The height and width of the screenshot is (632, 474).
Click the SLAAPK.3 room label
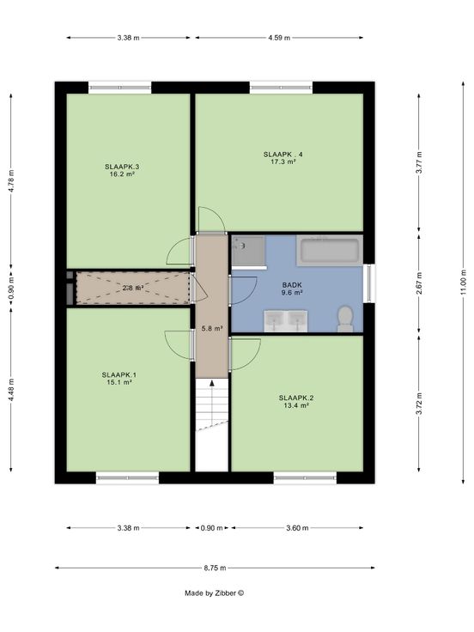[122, 167]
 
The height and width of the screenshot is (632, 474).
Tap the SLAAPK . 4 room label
[283, 155]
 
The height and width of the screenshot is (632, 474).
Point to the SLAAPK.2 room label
[296, 398]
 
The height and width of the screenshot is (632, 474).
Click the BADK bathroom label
[292, 285]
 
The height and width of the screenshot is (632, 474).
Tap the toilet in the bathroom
[345, 319]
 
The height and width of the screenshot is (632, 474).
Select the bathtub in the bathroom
[330, 250]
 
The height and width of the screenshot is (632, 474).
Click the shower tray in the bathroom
[249, 251]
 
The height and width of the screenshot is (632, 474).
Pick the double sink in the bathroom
[286, 321]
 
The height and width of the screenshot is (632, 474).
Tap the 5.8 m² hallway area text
[212, 329]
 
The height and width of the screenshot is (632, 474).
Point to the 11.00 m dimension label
[464, 281]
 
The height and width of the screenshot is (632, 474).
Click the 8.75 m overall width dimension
[215, 568]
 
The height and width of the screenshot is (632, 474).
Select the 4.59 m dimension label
[279, 38]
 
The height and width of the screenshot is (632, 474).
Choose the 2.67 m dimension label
[419, 283]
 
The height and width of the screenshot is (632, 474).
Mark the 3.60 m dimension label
[297, 528]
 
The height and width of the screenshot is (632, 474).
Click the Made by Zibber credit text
[215, 592]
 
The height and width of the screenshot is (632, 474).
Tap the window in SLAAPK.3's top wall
[119, 88]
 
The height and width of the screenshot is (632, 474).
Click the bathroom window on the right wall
[368, 283]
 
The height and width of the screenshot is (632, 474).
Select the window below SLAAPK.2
[305, 477]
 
